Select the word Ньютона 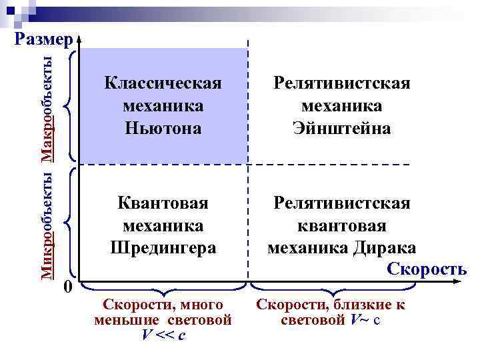click(x=163, y=127)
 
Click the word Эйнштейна click(x=341, y=127)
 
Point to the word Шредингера click(x=163, y=247)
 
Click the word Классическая click(x=163, y=85)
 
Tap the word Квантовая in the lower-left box click(x=163, y=203)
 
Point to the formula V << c click(x=163, y=334)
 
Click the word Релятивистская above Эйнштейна click(x=341, y=85)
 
